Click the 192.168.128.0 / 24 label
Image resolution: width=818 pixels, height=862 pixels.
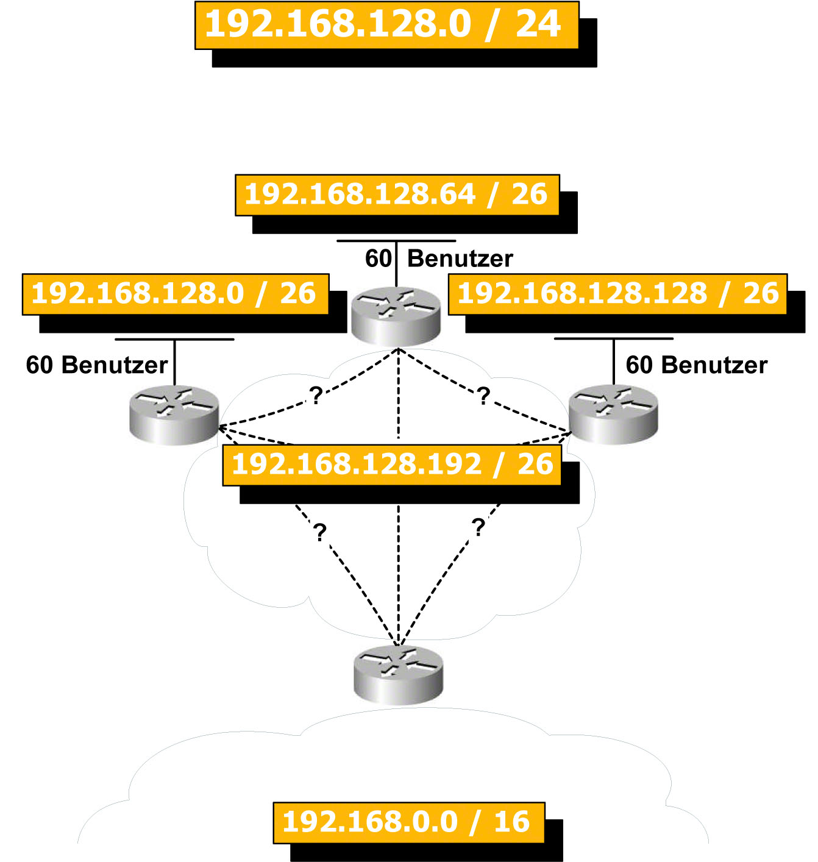click(386, 25)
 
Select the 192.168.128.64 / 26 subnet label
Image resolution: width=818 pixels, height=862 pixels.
click(397, 195)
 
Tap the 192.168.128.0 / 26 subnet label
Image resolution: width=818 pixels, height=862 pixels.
click(175, 294)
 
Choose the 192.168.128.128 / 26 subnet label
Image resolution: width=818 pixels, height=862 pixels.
click(617, 294)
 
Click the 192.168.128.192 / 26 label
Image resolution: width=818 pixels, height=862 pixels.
click(392, 465)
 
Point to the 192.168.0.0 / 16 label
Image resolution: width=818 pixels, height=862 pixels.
click(408, 822)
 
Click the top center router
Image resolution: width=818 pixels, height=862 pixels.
click(396, 315)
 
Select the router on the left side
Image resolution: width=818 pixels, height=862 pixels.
click(174, 414)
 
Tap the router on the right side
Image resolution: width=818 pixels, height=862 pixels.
click(613, 414)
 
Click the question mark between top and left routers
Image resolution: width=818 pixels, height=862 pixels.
click(316, 396)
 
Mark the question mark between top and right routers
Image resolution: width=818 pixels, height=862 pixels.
click(483, 396)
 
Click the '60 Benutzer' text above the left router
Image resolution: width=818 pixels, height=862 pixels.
click(97, 365)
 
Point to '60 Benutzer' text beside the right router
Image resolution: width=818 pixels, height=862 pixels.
click(696, 365)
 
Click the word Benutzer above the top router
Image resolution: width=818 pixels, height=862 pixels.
click(460, 259)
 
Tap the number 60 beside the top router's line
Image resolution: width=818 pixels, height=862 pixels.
click(378, 259)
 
